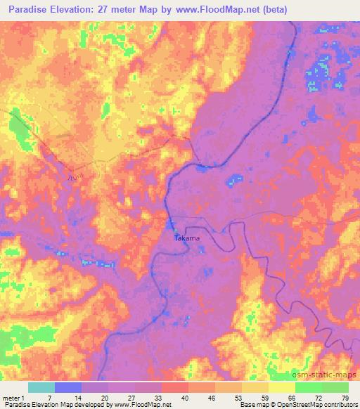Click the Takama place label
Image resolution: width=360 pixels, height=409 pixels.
click(187, 238)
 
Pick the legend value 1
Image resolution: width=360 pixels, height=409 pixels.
click(26, 397)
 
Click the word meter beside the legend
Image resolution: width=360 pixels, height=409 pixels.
click(12, 397)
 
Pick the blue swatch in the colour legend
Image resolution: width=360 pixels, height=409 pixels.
click(68, 387)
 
